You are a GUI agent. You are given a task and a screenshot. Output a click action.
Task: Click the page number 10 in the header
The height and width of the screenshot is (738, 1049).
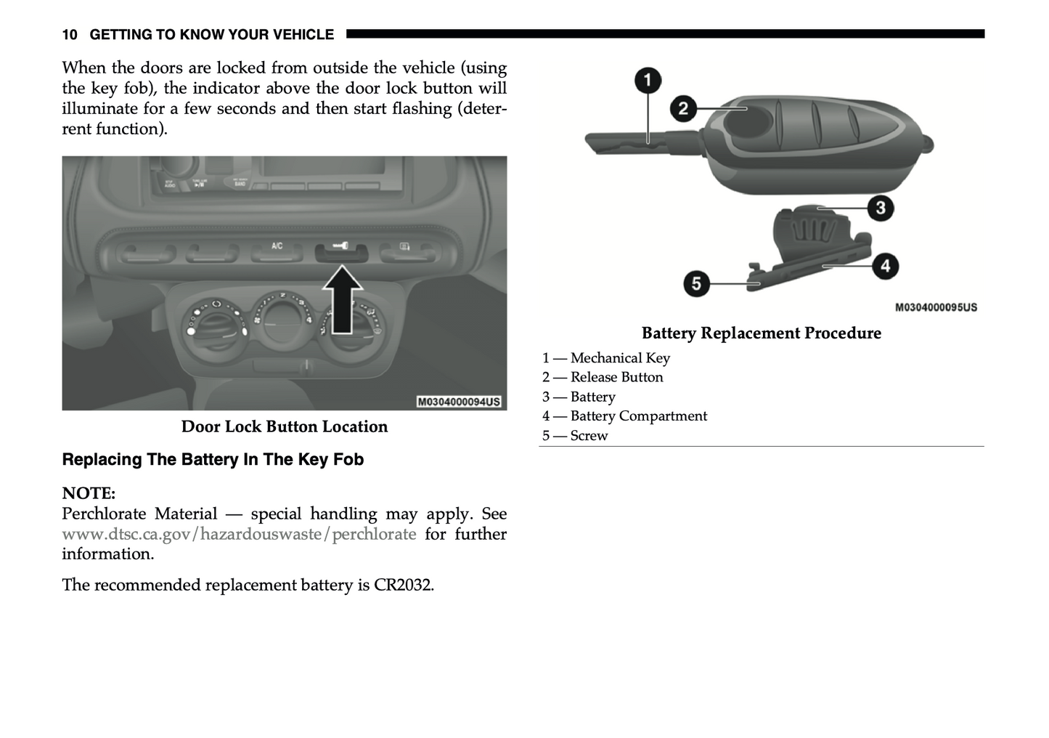pos(70,35)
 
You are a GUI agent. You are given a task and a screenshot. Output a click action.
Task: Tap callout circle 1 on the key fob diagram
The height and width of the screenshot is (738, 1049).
pos(648,80)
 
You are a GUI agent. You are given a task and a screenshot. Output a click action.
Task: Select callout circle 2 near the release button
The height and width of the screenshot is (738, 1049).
pos(683,109)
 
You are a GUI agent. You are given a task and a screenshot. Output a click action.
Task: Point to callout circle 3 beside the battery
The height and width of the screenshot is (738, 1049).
pos(880,208)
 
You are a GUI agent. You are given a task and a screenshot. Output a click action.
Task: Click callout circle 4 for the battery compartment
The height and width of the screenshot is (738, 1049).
pos(885,266)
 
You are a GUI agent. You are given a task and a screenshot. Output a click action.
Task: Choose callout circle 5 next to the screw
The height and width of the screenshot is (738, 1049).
pos(696,283)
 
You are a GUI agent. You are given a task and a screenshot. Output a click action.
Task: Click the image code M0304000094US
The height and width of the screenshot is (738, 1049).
pos(459,402)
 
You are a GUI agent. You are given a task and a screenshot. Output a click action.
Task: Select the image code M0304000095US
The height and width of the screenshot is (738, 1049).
pos(936,307)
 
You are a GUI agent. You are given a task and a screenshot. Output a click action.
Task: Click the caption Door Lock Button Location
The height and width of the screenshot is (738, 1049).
pos(285,426)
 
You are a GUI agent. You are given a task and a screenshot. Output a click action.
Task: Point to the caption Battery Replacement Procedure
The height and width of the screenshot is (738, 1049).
pos(761,333)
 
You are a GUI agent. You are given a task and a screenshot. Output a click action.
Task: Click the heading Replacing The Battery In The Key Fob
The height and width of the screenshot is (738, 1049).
pos(213,460)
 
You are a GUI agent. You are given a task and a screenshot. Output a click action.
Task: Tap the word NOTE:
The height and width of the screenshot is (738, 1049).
pos(89,493)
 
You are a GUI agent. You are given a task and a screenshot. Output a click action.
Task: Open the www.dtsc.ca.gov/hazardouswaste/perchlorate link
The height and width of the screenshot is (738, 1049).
pos(239,535)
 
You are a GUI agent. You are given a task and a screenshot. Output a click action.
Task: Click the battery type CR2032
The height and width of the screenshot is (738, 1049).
pos(403,585)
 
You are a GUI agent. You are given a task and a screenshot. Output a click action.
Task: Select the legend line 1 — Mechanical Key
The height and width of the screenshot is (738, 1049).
pos(606,358)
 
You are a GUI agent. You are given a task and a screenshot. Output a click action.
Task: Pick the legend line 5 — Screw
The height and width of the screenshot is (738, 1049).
pos(575,436)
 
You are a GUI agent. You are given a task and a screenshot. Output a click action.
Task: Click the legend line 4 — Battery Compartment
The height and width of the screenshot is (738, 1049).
pos(624,416)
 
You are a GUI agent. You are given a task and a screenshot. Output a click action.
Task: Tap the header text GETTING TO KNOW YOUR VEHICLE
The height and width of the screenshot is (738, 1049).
pos(211,35)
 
